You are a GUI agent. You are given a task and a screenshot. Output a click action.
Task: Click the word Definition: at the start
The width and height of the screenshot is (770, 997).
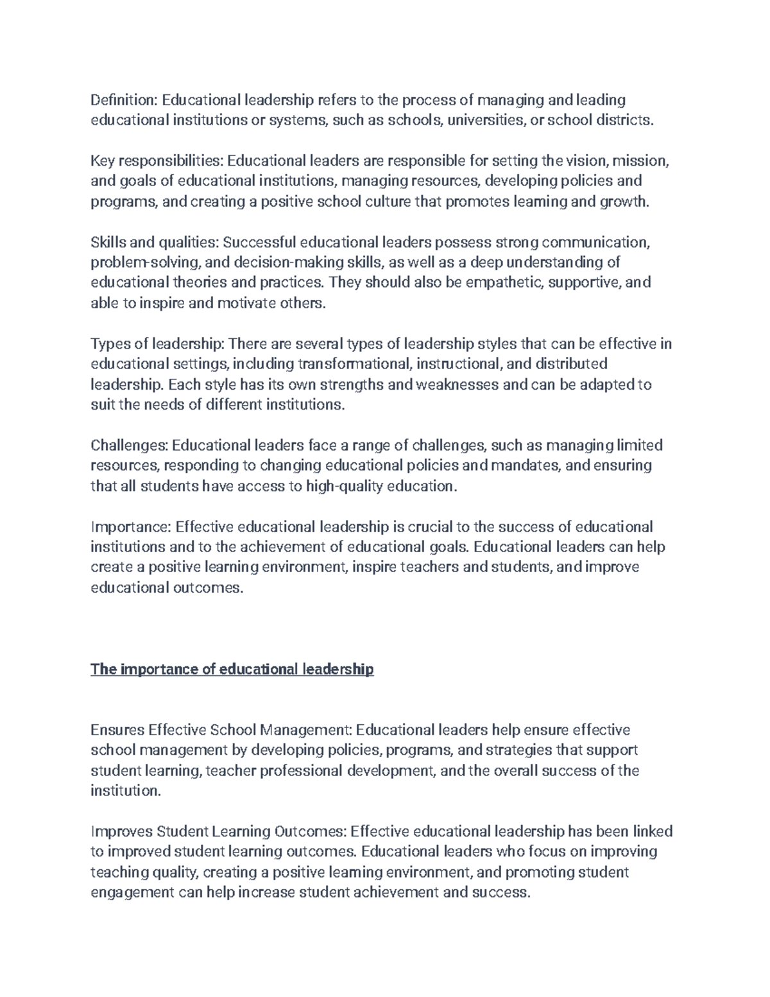(x=124, y=100)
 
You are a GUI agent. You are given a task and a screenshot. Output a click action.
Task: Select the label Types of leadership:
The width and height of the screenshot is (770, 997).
(x=157, y=344)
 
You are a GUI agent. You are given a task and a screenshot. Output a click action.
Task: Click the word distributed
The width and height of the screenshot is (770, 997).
(x=570, y=365)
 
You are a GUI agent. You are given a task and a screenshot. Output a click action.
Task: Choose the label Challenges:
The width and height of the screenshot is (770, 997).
(x=129, y=446)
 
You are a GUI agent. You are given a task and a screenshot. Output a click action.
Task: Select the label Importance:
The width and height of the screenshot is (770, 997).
(x=131, y=527)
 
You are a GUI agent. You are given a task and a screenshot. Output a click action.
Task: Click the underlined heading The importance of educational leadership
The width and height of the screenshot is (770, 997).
(x=232, y=670)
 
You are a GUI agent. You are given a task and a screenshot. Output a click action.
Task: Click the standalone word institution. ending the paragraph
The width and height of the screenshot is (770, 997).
(x=124, y=791)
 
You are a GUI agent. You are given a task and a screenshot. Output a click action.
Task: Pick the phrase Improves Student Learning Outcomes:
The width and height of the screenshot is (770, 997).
(x=219, y=831)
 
